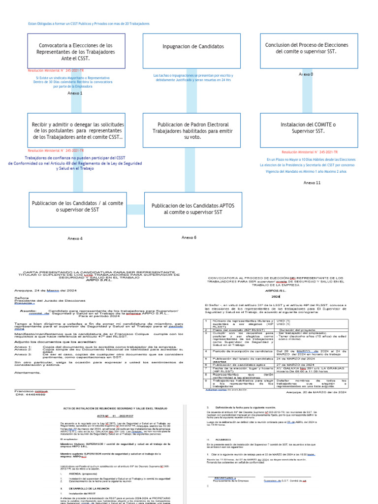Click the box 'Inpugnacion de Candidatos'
(x=191, y=47)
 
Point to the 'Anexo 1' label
(x=75, y=93)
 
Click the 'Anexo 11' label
(x=312, y=183)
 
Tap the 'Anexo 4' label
(x=75, y=238)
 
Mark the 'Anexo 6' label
(x=189, y=237)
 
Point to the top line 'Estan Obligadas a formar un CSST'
(x=89, y=24)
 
